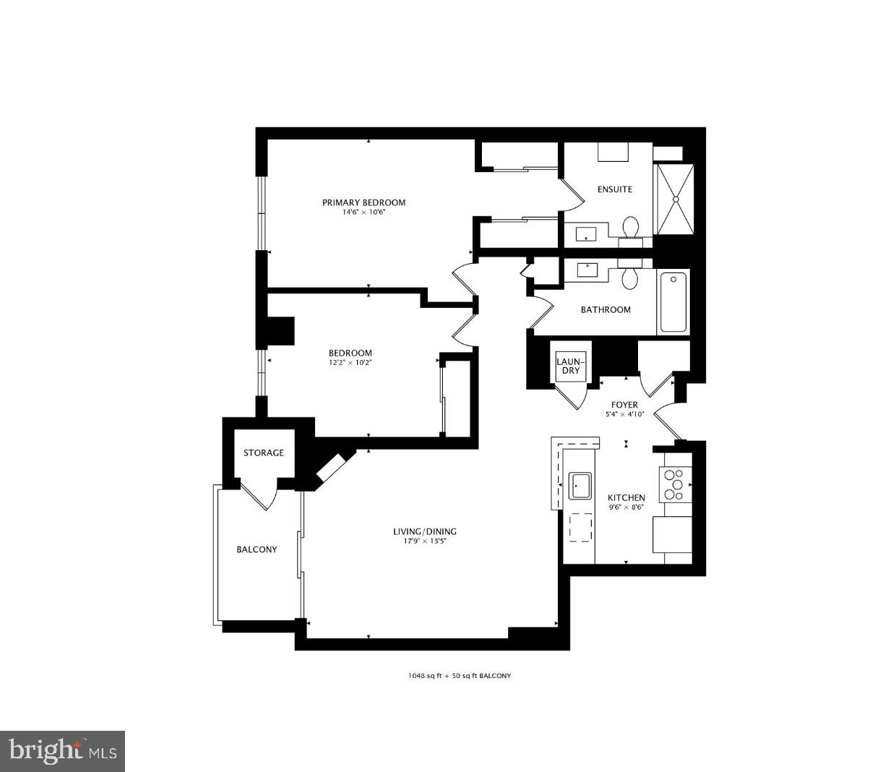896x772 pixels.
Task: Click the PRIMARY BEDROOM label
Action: pyautogui.click(x=363, y=202)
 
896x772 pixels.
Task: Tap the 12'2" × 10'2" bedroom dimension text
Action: pyautogui.click(x=350, y=363)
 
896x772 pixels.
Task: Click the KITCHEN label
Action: pyautogui.click(x=626, y=497)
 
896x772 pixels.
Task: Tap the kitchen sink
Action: pyautogui.click(x=580, y=486)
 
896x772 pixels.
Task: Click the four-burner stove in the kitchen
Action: pyautogui.click(x=674, y=484)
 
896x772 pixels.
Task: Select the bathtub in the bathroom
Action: pyautogui.click(x=673, y=301)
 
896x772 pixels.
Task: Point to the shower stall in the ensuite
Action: pyautogui.click(x=675, y=199)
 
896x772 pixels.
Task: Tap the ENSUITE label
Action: pyautogui.click(x=615, y=189)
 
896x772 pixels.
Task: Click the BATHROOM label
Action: pyautogui.click(x=606, y=309)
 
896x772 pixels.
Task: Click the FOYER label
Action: pyautogui.click(x=624, y=405)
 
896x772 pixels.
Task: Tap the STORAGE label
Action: pyautogui.click(x=263, y=453)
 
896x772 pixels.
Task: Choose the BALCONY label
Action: pyautogui.click(x=257, y=549)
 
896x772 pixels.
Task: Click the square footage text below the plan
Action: pyautogui.click(x=459, y=676)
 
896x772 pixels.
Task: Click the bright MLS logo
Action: pyautogui.click(x=63, y=751)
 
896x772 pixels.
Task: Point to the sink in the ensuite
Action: pyautogui.click(x=585, y=233)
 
